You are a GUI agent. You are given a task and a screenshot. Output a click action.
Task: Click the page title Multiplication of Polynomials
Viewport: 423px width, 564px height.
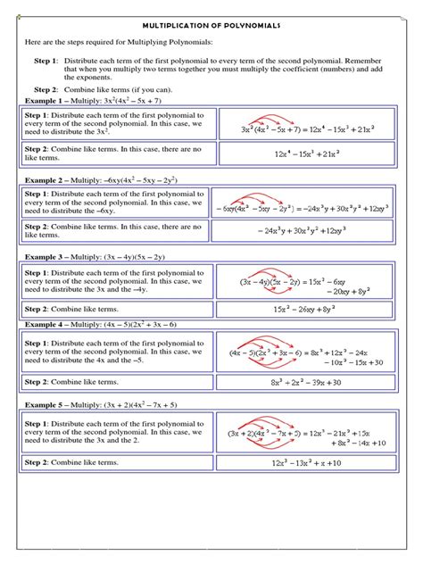211,26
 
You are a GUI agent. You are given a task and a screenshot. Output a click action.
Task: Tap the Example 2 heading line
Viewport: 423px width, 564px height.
97,179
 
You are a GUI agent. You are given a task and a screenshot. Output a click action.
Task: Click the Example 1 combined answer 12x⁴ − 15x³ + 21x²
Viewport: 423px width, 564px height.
309,153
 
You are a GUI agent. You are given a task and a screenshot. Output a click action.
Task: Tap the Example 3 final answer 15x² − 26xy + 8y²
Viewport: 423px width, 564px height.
309,309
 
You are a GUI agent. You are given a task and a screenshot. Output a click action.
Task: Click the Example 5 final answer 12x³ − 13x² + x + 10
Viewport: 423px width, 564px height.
309,464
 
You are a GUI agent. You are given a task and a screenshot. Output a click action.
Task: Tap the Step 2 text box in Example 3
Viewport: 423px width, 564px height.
116,309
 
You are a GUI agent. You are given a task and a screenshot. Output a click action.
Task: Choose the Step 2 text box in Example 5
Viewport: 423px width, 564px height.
116,463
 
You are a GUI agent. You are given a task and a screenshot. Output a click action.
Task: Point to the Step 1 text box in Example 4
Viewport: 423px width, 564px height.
116,352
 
